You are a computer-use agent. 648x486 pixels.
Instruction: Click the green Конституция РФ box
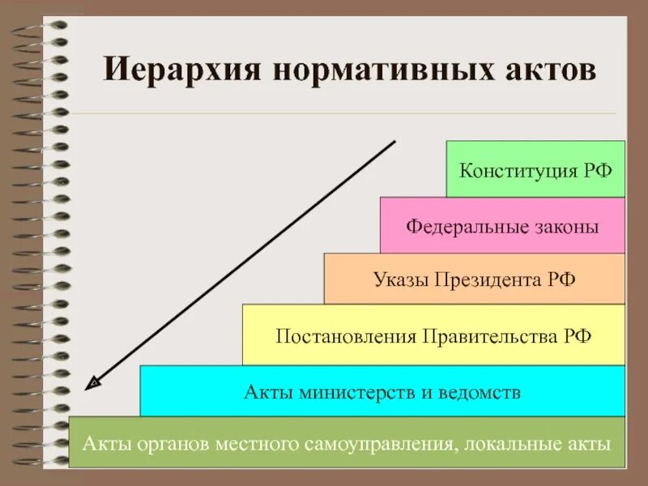click(x=535, y=169)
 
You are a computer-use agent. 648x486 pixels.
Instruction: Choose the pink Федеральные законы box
click(x=502, y=225)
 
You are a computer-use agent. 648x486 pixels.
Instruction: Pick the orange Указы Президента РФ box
click(x=475, y=279)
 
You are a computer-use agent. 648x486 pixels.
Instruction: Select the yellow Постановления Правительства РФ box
click(x=433, y=335)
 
